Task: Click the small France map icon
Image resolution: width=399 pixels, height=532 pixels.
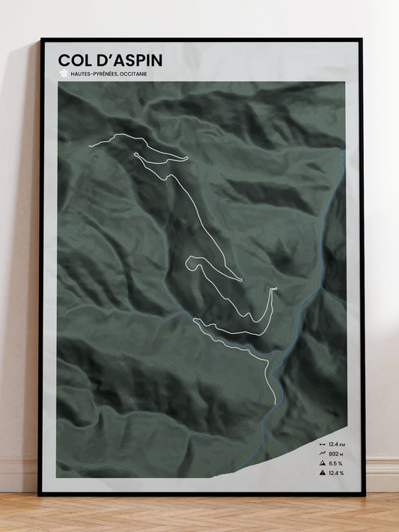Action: pyautogui.click(x=63, y=73)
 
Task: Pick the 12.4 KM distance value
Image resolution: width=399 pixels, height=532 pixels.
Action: pyautogui.click(x=335, y=444)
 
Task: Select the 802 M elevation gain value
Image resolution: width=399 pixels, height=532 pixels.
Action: pyautogui.click(x=335, y=453)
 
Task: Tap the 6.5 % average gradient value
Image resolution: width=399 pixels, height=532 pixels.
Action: pyautogui.click(x=335, y=463)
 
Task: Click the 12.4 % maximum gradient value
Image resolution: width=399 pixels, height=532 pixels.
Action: pyautogui.click(x=335, y=473)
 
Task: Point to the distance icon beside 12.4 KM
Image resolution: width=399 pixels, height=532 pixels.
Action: pyautogui.click(x=322, y=444)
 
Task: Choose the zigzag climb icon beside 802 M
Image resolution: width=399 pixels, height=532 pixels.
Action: pyautogui.click(x=322, y=453)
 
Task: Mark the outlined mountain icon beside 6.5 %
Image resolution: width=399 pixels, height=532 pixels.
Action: pyautogui.click(x=322, y=463)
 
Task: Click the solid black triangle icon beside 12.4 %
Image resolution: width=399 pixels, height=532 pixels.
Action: pyautogui.click(x=322, y=473)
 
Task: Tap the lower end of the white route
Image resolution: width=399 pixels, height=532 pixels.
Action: pyautogui.click(x=275, y=404)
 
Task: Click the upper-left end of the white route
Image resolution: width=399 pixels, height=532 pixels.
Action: pyautogui.click(x=90, y=144)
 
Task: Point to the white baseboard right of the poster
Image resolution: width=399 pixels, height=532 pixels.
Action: pyautogui.click(x=382, y=475)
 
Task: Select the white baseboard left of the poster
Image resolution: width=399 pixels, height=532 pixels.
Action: pyautogui.click(x=19, y=476)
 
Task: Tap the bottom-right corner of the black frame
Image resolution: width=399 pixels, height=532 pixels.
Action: pyautogui.click(x=364, y=495)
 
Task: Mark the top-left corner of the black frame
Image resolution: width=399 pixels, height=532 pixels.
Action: pyautogui.click(x=41, y=39)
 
